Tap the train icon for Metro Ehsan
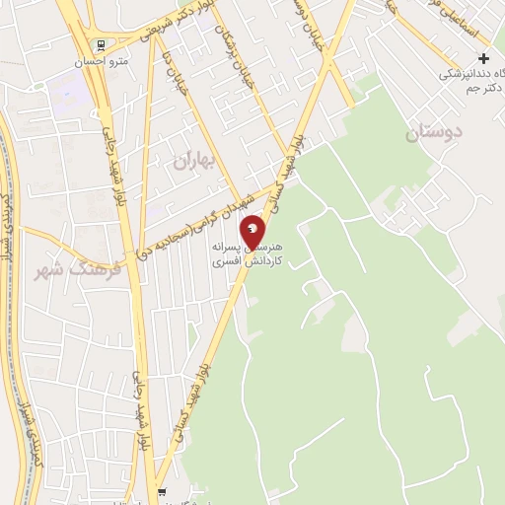point(99,45)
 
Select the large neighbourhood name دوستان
point(435,131)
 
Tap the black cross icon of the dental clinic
point(483,58)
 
